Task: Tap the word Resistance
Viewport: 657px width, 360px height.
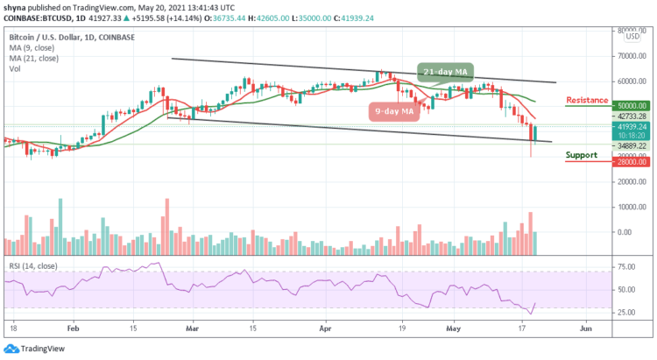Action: tap(587, 100)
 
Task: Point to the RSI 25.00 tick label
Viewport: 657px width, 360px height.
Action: tap(624, 312)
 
